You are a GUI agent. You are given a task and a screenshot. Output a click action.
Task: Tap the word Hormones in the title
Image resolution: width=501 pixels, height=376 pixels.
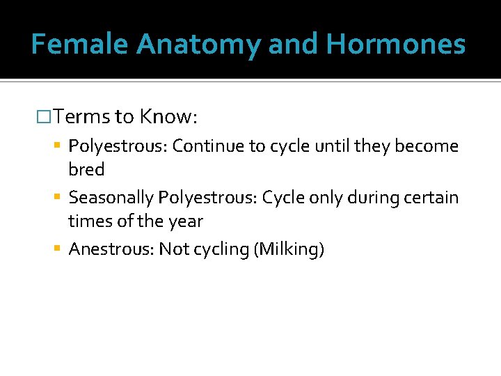pyautogui.click(x=395, y=44)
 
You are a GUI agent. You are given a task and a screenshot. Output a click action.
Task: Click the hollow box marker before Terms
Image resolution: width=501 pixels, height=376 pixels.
pyautogui.click(x=42, y=116)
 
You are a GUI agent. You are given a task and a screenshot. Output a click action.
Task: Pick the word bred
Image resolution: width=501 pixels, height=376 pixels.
pyautogui.click(x=86, y=170)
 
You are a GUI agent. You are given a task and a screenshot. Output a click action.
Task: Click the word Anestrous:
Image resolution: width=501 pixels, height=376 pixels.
pyautogui.click(x=111, y=249)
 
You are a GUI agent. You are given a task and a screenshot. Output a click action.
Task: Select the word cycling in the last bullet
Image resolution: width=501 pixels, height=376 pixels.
pyautogui.click(x=222, y=249)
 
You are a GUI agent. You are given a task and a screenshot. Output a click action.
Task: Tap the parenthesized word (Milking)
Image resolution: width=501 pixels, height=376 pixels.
pyautogui.click(x=289, y=249)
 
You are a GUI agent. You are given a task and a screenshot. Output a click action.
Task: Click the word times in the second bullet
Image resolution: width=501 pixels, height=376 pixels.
pyautogui.click(x=87, y=222)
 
